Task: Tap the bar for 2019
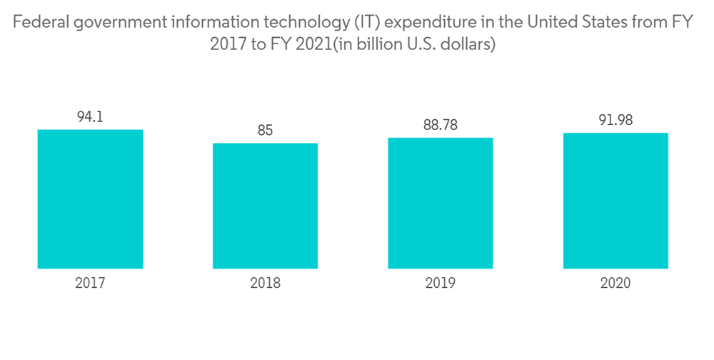coord(440,203)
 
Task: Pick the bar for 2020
coord(615,201)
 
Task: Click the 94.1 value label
coord(90,116)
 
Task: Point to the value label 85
coord(265,131)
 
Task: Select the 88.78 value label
coord(440,125)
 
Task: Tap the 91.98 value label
coord(615,121)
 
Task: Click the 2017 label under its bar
coord(90,283)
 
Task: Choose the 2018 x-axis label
coord(265,283)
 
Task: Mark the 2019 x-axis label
coord(440,283)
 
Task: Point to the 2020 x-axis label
coord(615,283)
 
